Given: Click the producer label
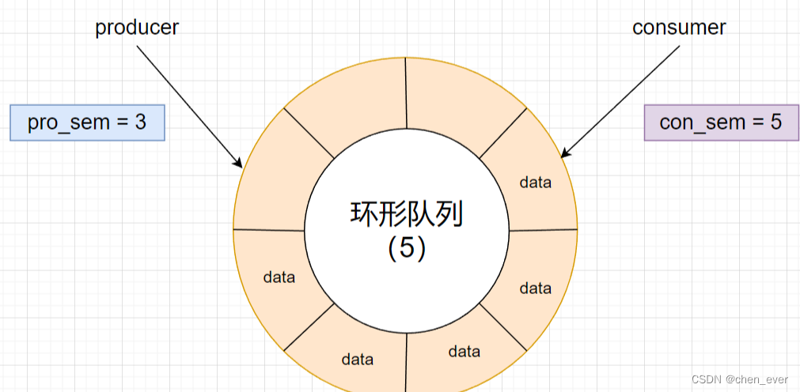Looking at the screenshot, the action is (x=137, y=27).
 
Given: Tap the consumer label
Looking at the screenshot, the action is (x=679, y=27).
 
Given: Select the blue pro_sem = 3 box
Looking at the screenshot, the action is (x=87, y=122).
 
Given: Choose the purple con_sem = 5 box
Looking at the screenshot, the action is (x=721, y=122).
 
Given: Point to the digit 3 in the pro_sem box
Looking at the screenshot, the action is (x=140, y=122).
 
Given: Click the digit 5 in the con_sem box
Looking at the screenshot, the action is (x=775, y=122).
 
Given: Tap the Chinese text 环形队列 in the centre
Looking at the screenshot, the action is (x=406, y=214).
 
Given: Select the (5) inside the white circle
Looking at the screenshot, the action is (x=407, y=248).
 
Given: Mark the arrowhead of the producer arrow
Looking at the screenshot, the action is (x=239, y=164).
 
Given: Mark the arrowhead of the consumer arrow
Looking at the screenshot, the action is (x=563, y=154).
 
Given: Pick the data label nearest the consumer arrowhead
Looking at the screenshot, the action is (x=535, y=183).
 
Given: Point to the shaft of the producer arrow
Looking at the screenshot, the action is (x=188, y=104).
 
